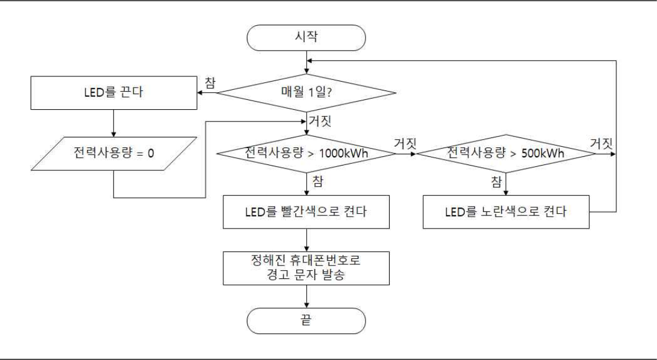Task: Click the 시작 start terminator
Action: [306, 37]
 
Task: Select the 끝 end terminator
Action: [306, 321]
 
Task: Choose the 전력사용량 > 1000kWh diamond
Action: [306, 154]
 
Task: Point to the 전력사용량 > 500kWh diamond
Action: [506, 154]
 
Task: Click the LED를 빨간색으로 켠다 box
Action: [306, 212]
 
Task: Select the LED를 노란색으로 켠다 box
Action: [506, 212]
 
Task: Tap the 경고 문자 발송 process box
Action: [306, 267]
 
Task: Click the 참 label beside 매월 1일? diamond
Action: [209, 82]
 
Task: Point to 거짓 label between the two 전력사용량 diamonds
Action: [404, 142]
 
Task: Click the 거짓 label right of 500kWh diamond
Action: [602, 142]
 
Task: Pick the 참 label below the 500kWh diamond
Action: [496, 180]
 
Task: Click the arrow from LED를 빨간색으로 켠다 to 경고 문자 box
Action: [306, 239]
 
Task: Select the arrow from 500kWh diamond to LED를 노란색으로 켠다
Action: [506, 183]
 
